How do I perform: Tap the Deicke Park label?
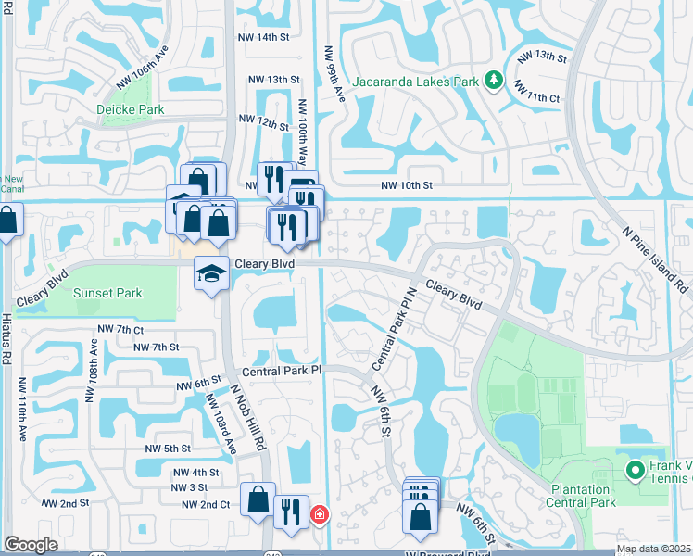pyautogui.click(x=131, y=109)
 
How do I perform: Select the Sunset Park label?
pyautogui.click(x=108, y=293)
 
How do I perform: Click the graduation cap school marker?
pyautogui.click(x=211, y=273)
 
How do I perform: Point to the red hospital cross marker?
pyautogui.click(x=319, y=513)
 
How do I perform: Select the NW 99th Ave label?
pyautogui.click(x=334, y=73)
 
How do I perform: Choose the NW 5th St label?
pyautogui.click(x=168, y=449)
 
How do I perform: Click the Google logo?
pyautogui.click(x=31, y=545)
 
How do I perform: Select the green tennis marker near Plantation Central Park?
pyautogui.click(x=636, y=471)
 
